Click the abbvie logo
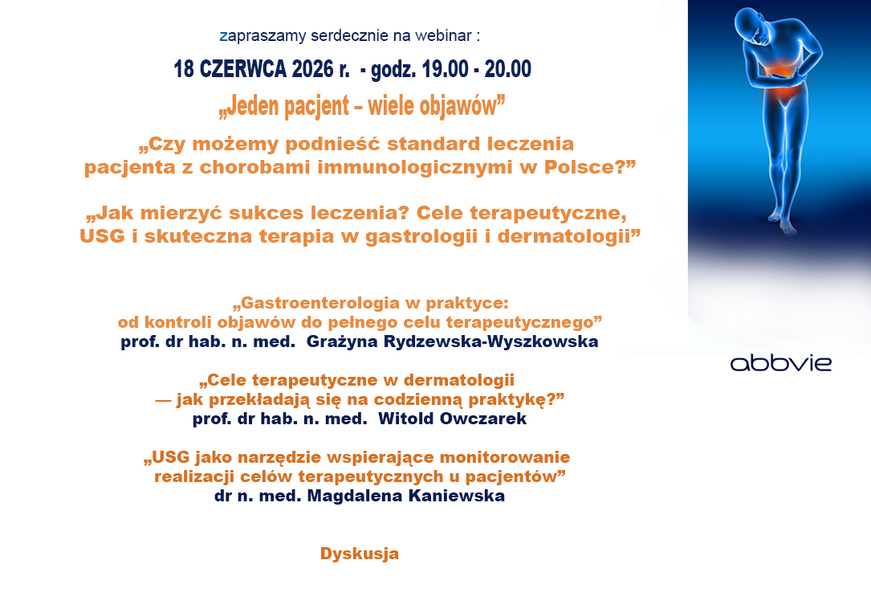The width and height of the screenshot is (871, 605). (780, 364)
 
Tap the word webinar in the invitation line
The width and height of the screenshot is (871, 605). (443, 35)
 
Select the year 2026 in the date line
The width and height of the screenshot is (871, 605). (312, 69)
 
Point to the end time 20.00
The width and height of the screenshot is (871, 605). (507, 69)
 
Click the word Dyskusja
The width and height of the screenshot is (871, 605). (360, 554)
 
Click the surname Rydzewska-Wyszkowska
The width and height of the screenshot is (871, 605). (491, 341)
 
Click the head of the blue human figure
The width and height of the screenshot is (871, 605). (751, 28)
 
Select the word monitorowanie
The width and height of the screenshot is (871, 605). (505, 457)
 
